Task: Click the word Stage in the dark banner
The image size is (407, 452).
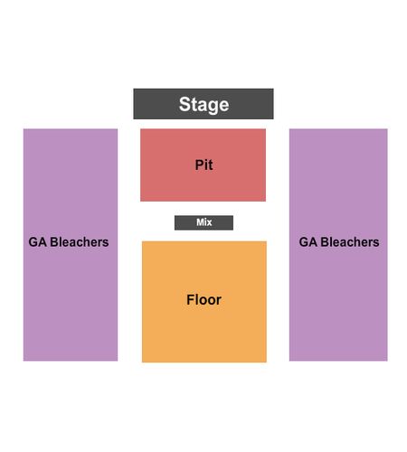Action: coord(203,105)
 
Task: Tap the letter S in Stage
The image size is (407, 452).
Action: coord(185,104)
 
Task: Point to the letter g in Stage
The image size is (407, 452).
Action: coord(212,107)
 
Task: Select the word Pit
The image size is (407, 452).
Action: coord(203,165)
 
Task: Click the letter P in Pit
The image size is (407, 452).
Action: coord(199,165)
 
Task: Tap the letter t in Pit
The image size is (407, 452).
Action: coord(211,165)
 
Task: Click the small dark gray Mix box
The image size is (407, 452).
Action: coord(203,222)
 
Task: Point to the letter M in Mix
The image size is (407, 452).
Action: coord(200,222)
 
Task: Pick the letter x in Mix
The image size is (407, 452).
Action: coord(209,223)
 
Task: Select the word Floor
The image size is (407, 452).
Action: coord(203,299)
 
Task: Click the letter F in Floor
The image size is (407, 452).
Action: coord(190,299)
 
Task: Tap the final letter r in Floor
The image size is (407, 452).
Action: coord(219,301)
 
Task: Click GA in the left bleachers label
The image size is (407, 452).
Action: coord(37,242)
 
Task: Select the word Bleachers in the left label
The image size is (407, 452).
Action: coord(80,242)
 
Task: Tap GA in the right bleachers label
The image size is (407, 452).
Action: coord(308,242)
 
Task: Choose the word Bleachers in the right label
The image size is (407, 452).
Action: coord(350,242)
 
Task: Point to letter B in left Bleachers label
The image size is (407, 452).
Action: coord(54,242)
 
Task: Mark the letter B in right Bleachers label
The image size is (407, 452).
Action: coord(325,242)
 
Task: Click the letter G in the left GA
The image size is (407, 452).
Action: coord(33,242)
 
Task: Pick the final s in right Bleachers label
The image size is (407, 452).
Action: coord(376,243)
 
